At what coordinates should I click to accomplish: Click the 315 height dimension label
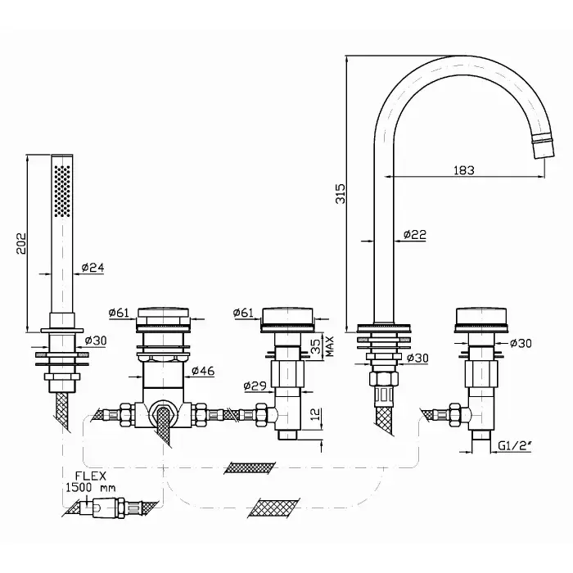coord(341,193)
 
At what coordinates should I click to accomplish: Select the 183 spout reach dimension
coord(464,170)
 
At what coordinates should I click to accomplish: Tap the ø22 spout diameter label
coord(415,234)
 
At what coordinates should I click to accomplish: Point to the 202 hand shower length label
coord(21,243)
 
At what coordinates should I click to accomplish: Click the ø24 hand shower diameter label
coord(92,268)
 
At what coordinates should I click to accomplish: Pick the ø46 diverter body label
coord(203,371)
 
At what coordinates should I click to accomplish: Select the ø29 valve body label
coord(255,386)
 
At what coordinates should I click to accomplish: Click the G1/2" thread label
coord(515,445)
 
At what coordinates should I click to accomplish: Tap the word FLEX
coord(91,476)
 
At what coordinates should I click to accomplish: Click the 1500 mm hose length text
coord(91,488)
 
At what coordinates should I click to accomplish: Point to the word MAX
coord(330,345)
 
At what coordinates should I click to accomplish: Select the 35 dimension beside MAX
coord(318,345)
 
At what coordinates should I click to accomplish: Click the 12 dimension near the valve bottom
coord(318,413)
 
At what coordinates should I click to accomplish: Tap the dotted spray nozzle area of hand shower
coord(62,191)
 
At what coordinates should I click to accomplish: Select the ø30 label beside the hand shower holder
coord(96,341)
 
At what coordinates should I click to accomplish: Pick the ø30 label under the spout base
coord(417,358)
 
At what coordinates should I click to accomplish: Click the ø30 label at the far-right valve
coord(521,343)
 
